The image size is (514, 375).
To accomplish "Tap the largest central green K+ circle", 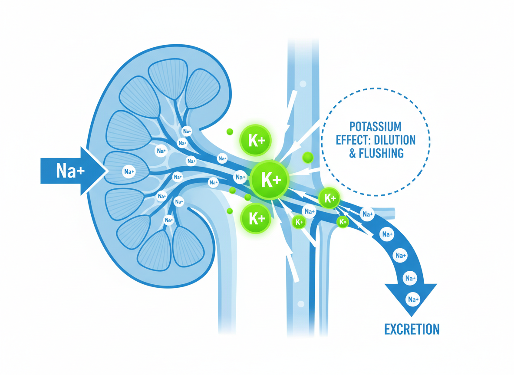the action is point(270,180).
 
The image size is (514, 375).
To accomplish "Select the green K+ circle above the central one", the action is point(256,140).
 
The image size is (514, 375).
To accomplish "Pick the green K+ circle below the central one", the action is point(256,218).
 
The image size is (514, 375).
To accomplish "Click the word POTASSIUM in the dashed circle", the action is point(375,127).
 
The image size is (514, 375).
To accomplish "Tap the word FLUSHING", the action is point(382,153).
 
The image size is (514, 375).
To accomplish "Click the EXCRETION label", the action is point(412,329).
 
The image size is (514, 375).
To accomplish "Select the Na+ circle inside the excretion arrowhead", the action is point(412,299).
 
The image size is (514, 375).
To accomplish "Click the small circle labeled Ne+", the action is point(169,220).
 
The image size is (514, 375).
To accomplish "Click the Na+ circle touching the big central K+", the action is point(240,177).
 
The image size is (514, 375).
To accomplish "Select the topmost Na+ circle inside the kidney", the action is point(187,131).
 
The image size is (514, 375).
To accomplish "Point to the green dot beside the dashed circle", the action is point(308,157).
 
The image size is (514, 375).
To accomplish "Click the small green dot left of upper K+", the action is point(230,132).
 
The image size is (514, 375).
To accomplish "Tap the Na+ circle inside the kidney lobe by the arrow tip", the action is point(128,172).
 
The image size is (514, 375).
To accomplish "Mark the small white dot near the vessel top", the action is point(303,84).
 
